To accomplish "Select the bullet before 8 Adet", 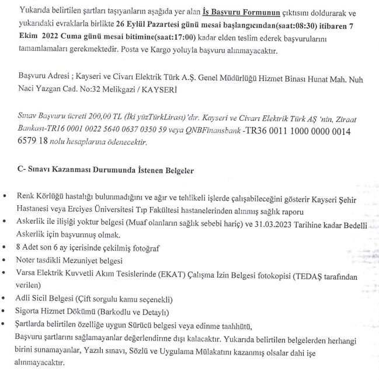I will (x=5, y=247).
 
